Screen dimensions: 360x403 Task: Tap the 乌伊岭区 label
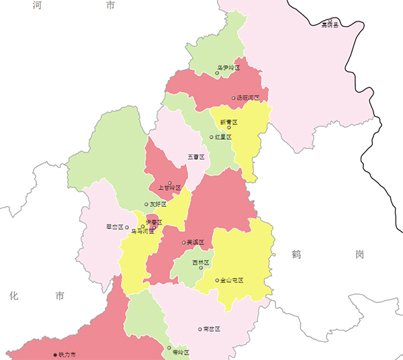coord(228,68)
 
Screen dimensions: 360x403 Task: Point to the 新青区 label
coord(228,122)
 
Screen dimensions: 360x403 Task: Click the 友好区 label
coord(158,204)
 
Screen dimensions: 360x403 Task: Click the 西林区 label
coord(201,262)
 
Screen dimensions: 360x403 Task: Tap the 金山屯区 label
coord(232,280)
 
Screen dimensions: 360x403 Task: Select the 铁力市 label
coord(68,354)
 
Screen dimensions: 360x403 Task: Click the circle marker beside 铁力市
coord(55,354)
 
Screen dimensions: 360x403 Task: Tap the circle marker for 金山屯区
coord(216,280)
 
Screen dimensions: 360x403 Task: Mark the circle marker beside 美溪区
coord(183,242)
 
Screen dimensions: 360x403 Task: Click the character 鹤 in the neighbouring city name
coord(297,254)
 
